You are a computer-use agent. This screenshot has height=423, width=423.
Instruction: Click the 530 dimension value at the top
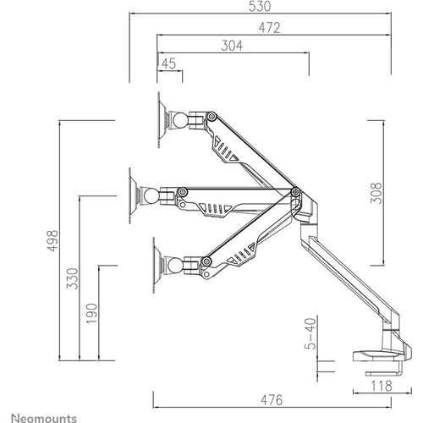pyautogui.click(x=260, y=6)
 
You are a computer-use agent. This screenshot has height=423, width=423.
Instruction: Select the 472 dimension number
pyautogui.click(x=270, y=28)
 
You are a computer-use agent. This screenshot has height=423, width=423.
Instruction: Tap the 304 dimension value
pyautogui.click(x=232, y=46)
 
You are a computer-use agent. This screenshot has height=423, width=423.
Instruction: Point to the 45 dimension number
pyautogui.click(x=169, y=63)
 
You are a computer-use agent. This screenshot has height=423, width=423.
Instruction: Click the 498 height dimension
pyautogui.click(x=52, y=240)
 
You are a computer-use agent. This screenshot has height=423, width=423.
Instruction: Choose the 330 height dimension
pyautogui.click(x=72, y=278)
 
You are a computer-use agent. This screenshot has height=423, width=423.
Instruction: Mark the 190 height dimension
pyautogui.click(x=91, y=314)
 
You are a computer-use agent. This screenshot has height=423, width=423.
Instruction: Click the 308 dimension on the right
pyautogui.click(x=376, y=193)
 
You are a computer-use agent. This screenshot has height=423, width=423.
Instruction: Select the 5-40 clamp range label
pyautogui.click(x=310, y=334)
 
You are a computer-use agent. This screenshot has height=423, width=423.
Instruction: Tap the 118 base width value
pyautogui.click(x=382, y=386)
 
